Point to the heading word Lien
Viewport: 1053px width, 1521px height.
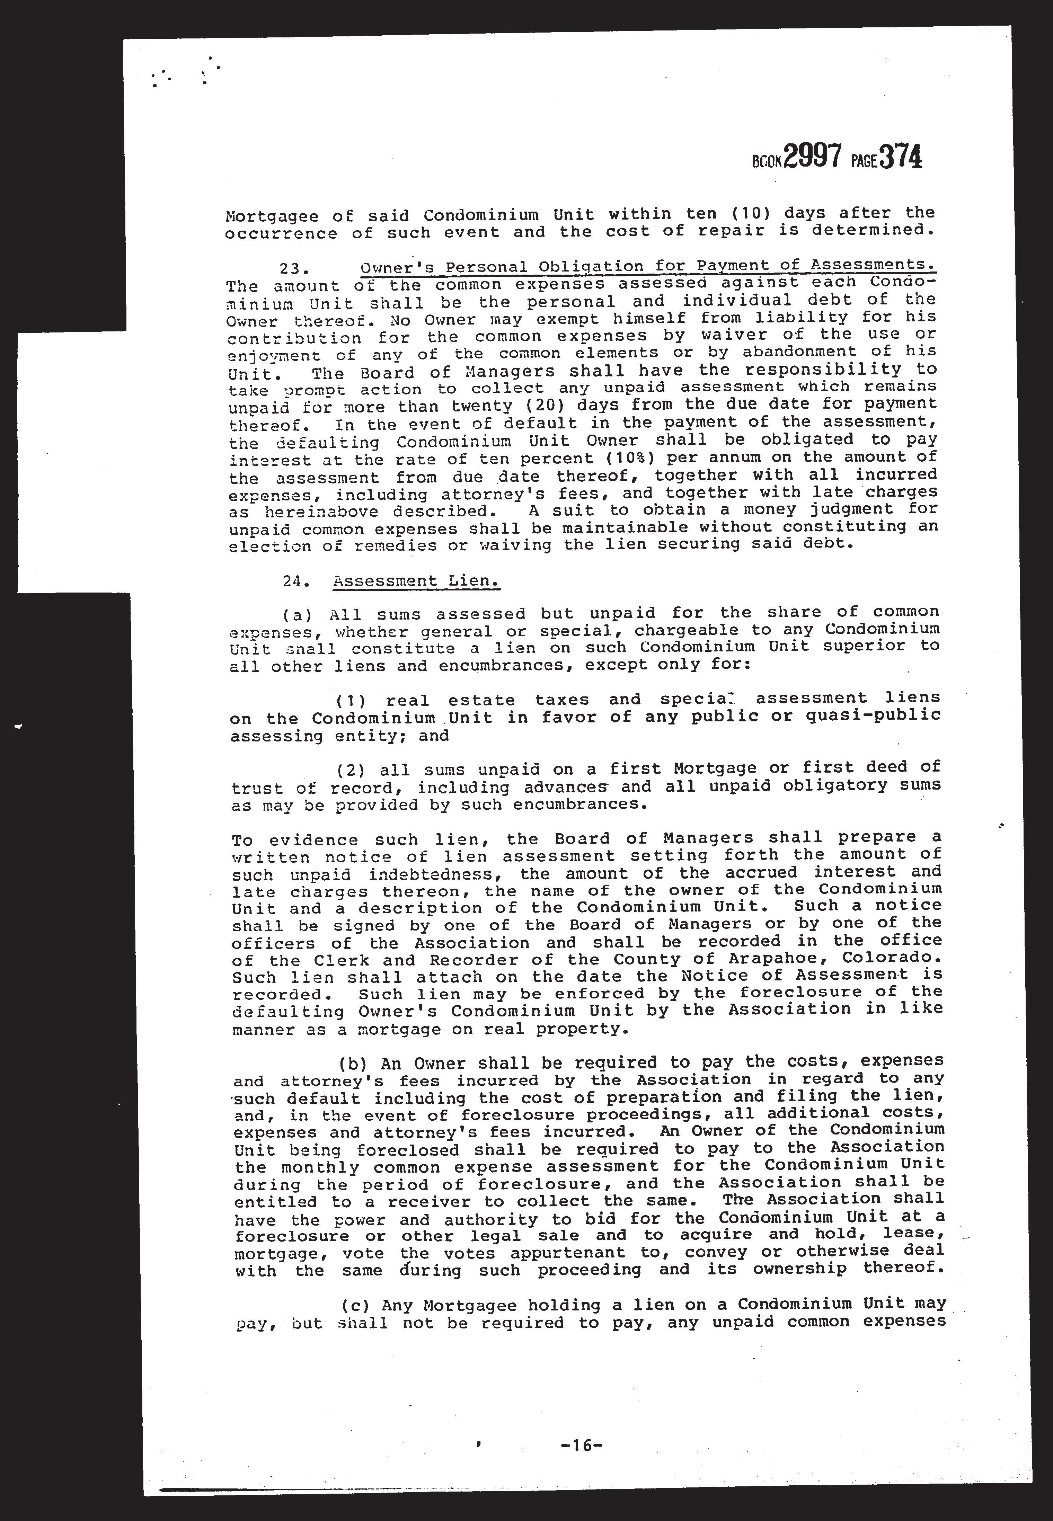click(x=472, y=581)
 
